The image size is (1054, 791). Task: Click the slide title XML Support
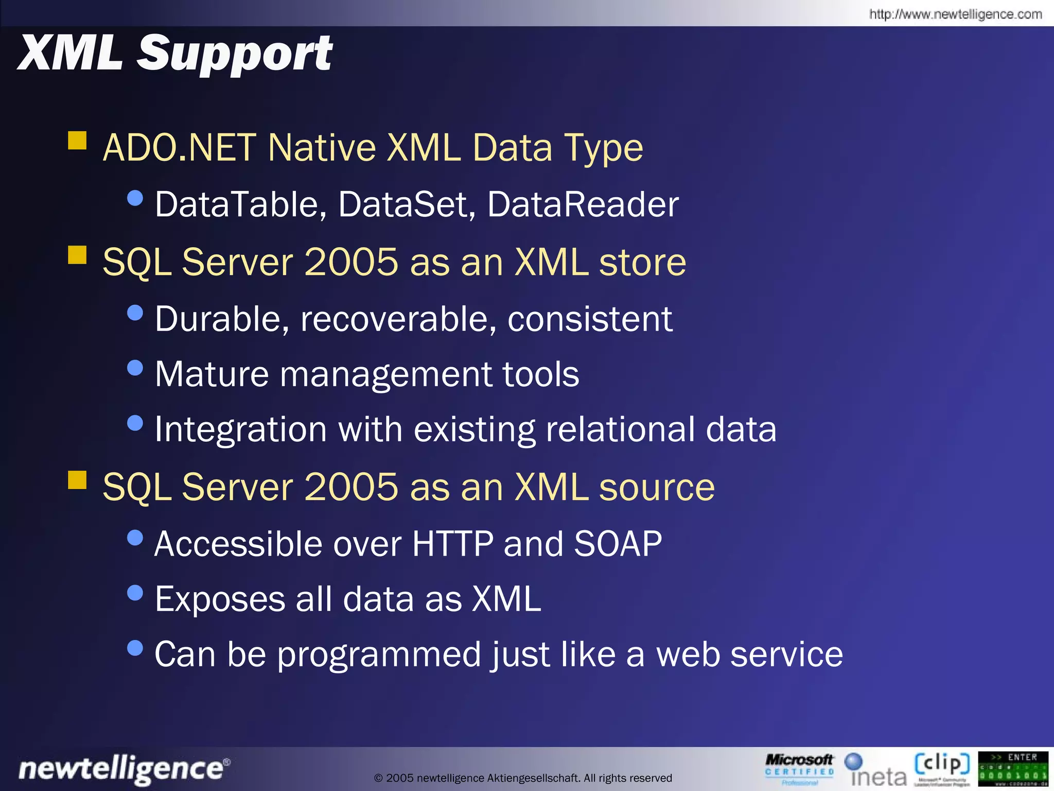175,54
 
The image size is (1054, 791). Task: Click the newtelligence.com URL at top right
955,14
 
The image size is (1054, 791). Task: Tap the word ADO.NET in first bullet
179,148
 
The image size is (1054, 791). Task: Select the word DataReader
583,205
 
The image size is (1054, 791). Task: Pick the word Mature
212,374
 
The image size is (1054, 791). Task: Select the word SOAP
618,544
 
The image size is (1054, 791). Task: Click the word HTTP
452,544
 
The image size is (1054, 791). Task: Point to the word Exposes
220,599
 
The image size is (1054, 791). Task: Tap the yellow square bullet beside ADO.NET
77,140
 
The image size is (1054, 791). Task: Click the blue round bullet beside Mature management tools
135,368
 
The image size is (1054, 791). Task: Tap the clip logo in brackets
942,766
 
